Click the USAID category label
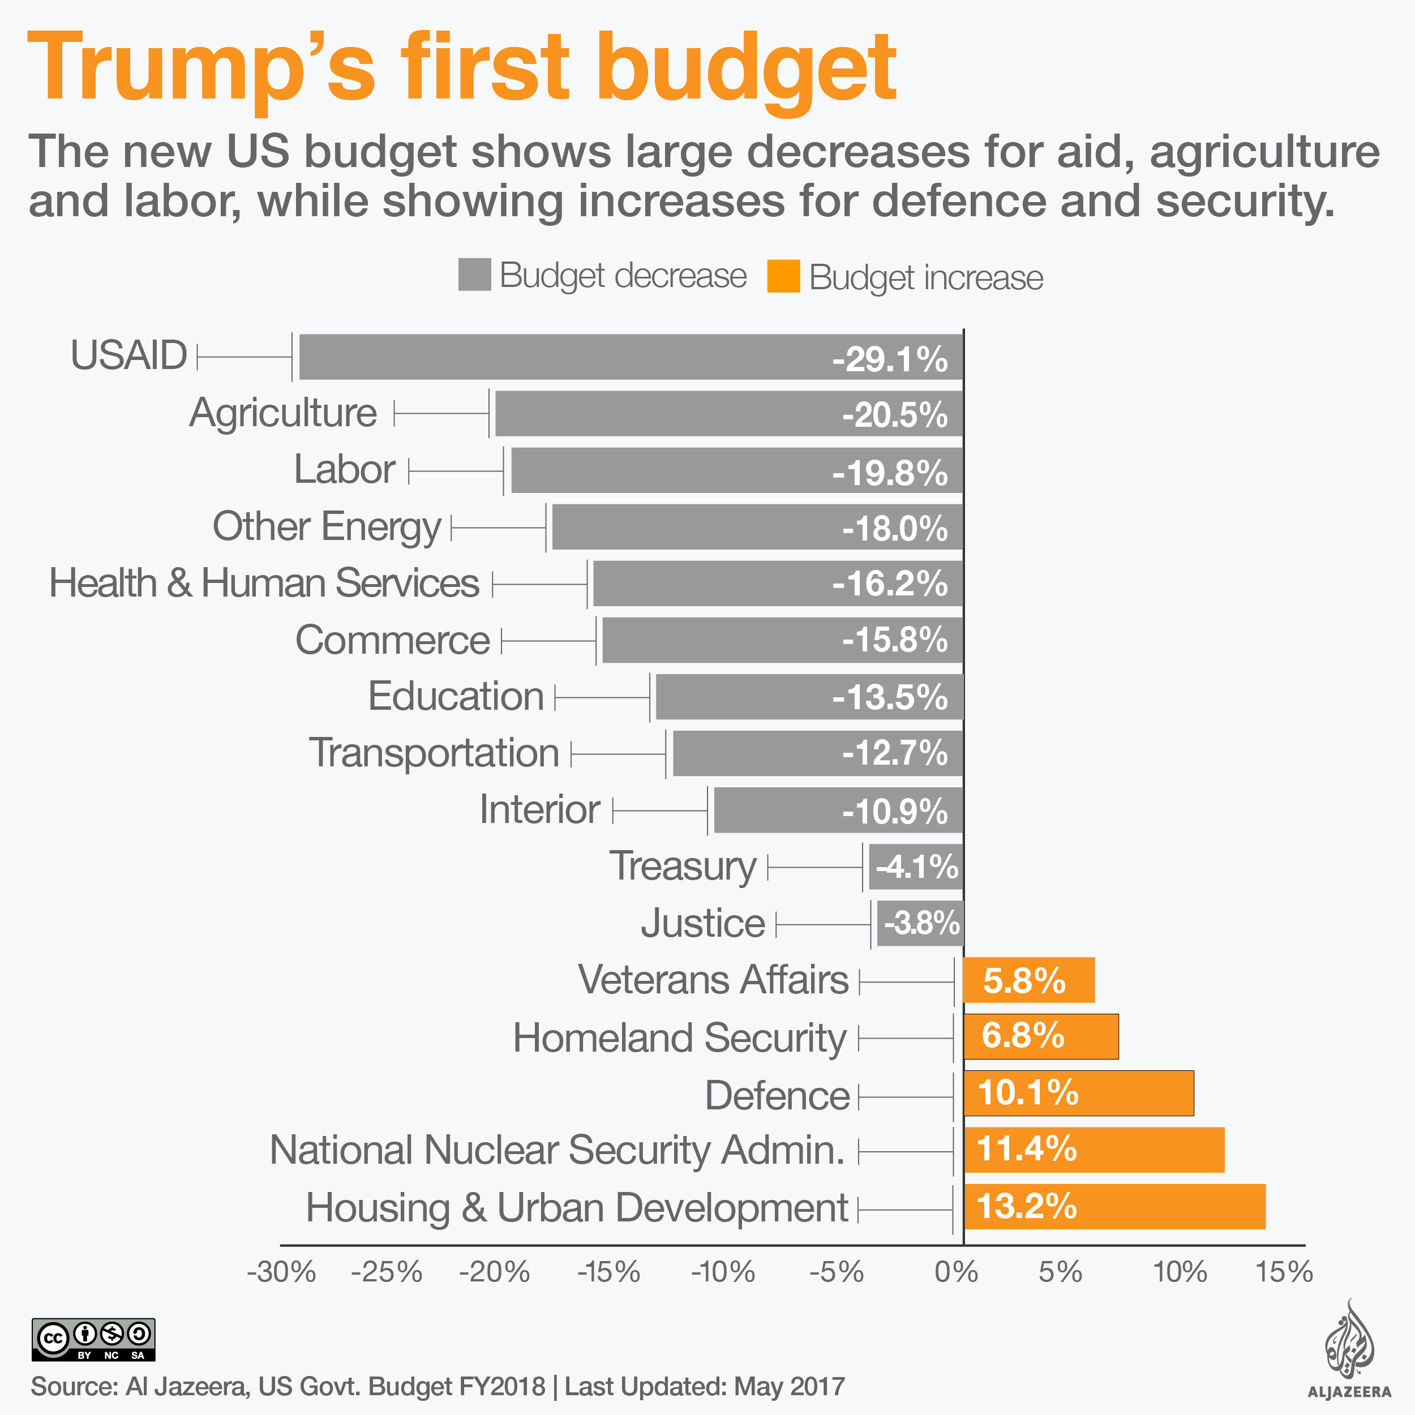pos(129,355)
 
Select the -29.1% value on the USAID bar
pos(890,359)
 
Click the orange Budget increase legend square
pos(783,277)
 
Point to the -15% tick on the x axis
pos(608,1272)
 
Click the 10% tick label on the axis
pos(1180,1272)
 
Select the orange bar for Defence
pos(1078,1093)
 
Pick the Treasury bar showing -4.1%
pos(915,867)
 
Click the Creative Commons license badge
pos(93,1340)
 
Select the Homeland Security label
pos(679,1038)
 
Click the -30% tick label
pos(281,1272)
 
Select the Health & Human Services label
pos(264,583)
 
